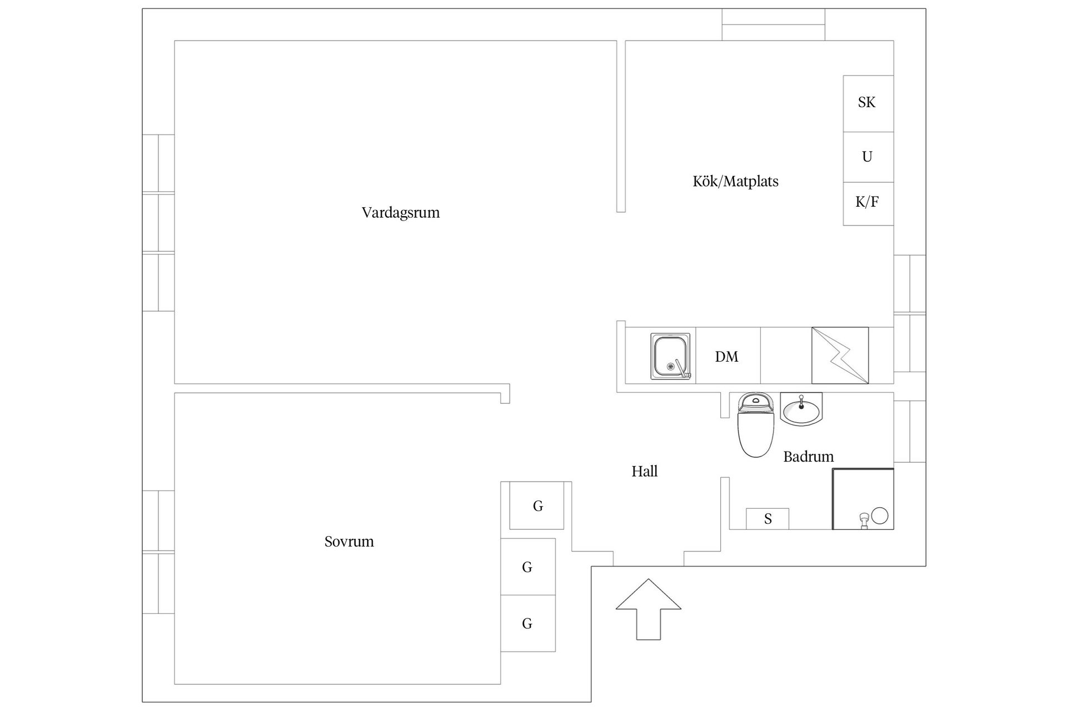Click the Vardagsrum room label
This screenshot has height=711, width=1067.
[401, 213]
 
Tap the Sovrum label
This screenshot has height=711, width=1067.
[349, 542]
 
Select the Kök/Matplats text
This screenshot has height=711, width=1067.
[735, 181]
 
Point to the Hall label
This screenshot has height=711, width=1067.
[645, 472]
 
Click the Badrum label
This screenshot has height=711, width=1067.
[809, 457]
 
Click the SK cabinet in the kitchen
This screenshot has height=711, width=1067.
[868, 103]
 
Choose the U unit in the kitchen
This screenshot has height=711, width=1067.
[868, 157]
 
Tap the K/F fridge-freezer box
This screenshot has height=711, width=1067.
[868, 203]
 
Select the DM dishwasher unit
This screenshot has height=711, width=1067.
[728, 355]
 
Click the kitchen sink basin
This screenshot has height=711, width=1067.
[671, 357]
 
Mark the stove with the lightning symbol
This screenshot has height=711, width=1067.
[840, 355]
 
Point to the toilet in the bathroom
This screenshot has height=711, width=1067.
[756, 424]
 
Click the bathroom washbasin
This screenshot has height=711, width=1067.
[801, 409]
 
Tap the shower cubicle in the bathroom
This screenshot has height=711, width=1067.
[863, 499]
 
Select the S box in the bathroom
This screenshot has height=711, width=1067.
[767, 519]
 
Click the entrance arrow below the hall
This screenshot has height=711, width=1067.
[649, 609]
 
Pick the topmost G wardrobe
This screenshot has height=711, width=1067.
[537, 505]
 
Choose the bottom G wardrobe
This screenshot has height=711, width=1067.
[528, 623]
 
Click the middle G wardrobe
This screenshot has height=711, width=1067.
[528, 567]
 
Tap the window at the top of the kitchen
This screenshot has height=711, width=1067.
[774, 24]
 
